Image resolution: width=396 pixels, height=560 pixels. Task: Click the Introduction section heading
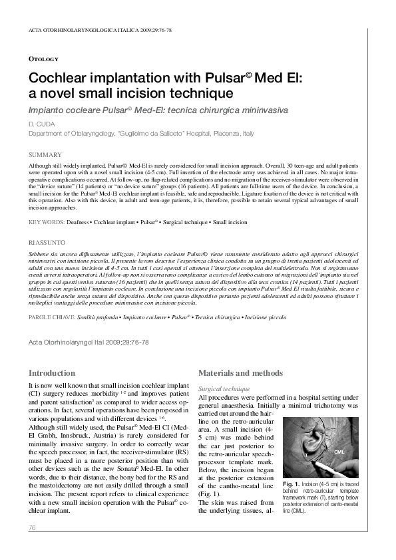tap(57, 374)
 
